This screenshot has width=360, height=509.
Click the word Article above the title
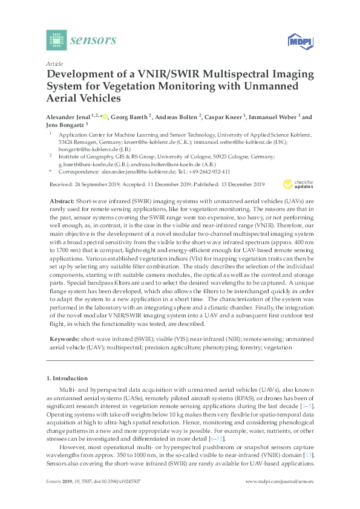coord(54,63)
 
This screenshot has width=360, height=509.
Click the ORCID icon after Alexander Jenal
coord(104,117)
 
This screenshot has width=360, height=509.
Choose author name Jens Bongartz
coord(65,125)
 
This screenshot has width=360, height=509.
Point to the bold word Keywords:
coord(64,340)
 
